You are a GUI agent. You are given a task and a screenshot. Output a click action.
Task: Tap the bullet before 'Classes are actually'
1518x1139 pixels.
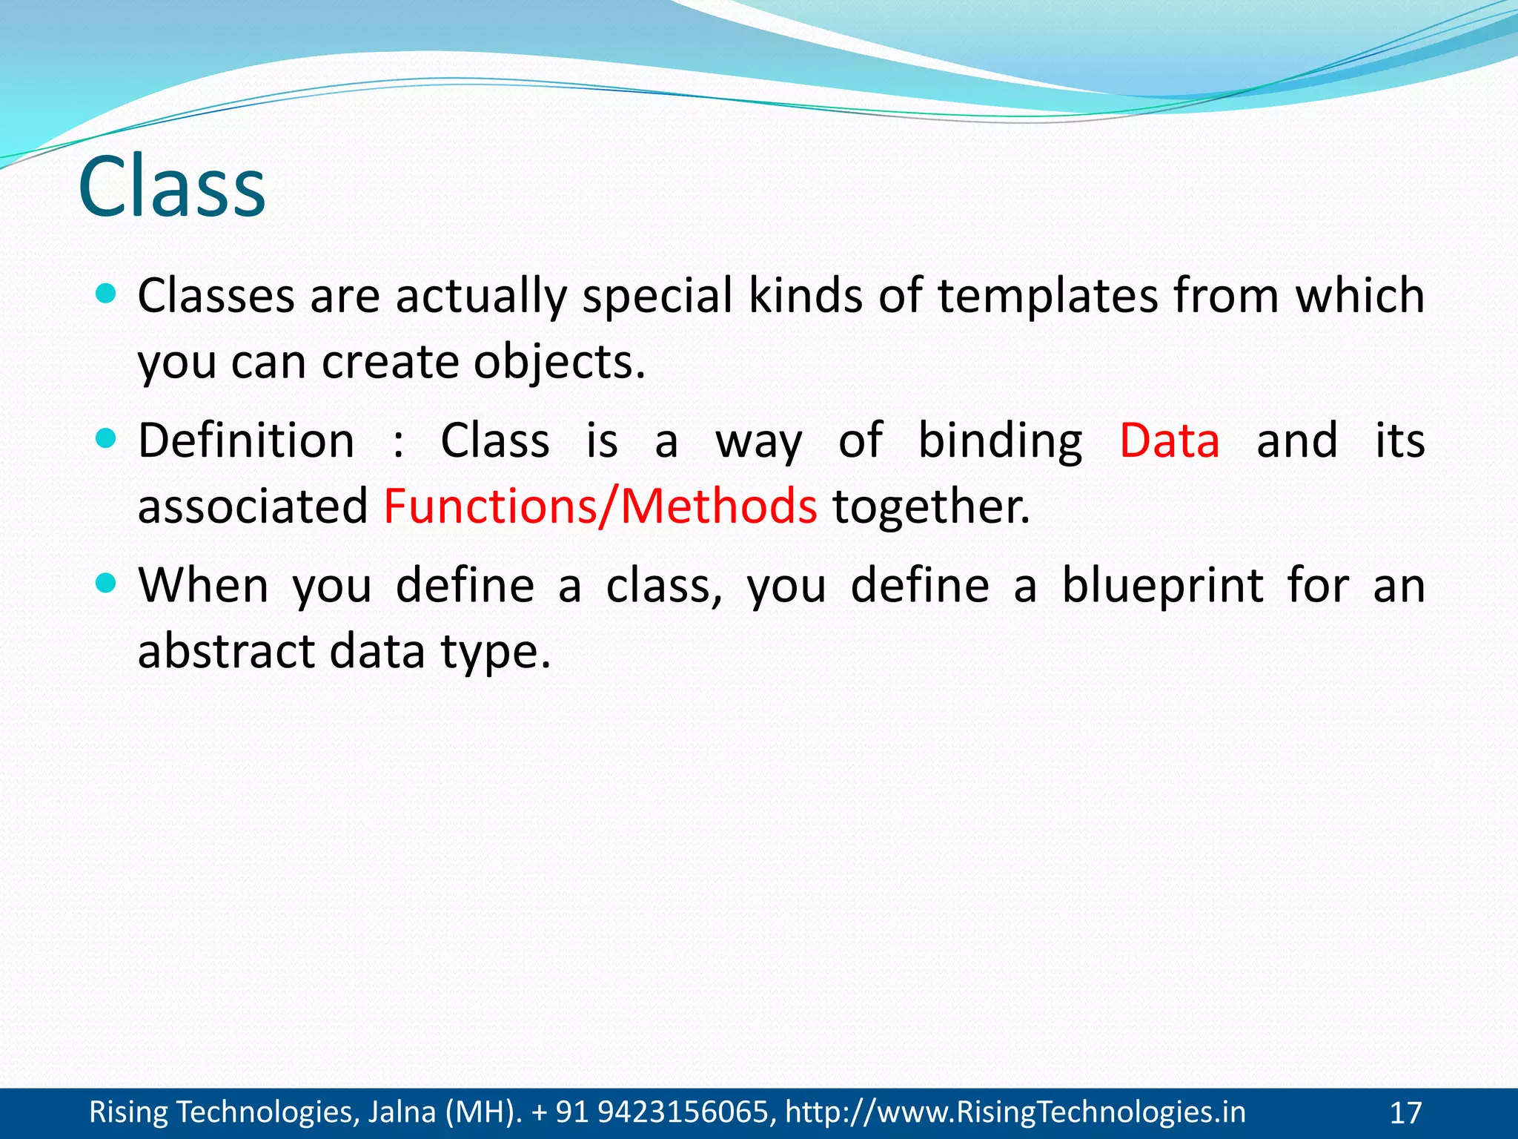click(x=107, y=294)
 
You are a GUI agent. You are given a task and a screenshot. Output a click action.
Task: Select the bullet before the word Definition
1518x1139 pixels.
click(x=107, y=439)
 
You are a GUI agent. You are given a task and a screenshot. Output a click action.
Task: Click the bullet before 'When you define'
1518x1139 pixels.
click(x=107, y=584)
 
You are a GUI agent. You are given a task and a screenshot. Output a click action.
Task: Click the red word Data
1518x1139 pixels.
click(x=1169, y=440)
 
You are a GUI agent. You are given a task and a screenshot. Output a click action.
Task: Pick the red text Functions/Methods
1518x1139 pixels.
click(x=600, y=506)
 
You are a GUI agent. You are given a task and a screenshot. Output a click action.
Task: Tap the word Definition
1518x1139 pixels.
click(x=246, y=440)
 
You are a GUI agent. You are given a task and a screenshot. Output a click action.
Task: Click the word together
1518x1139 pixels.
click(x=930, y=506)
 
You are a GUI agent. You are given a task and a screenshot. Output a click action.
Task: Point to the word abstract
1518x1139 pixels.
click(x=226, y=651)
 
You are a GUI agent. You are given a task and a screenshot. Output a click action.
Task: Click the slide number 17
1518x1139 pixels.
click(x=1405, y=1113)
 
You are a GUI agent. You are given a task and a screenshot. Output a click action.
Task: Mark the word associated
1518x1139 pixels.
click(x=253, y=506)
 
